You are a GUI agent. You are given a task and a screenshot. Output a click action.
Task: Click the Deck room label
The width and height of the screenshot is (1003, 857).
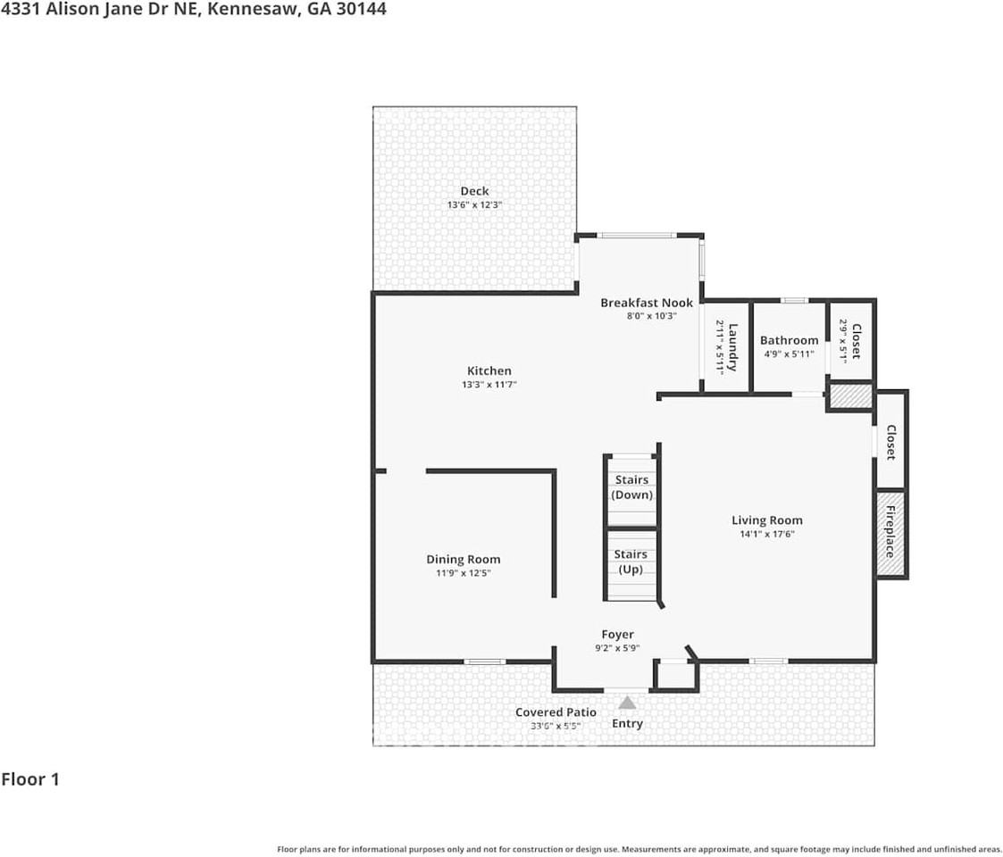click(x=474, y=191)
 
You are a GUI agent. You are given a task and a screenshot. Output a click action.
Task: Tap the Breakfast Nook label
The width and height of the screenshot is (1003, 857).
click(x=646, y=303)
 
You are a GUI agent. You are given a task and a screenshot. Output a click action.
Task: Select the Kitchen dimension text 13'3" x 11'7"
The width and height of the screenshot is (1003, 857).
click(x=489, y=385)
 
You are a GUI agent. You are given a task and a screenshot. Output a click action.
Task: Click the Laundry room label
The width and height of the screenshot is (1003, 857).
click(x=732, y=346)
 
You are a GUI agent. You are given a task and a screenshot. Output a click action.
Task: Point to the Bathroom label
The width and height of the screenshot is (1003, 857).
click(x=789, y=340)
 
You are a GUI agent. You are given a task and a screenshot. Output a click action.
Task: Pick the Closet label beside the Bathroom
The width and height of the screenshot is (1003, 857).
click(x=855, y=342)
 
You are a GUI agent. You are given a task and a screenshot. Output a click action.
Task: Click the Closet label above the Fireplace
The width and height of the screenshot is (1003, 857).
click(x=890, y=442)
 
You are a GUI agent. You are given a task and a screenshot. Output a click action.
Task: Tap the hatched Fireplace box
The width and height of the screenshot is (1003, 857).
click(x=891, y=533)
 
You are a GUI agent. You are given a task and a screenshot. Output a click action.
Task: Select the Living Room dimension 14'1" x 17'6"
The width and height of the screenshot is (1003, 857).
click(x=766, y=534)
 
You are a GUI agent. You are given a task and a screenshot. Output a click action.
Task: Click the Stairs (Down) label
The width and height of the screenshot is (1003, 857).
click(x=631, y=487)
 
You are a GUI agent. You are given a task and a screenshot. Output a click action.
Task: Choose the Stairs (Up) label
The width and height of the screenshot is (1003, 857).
click(x=631, y=562)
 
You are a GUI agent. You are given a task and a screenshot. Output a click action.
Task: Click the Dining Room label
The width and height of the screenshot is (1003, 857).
click(x=463, y=560)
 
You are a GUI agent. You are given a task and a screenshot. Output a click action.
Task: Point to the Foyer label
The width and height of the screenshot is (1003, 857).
click(x=617, y=635)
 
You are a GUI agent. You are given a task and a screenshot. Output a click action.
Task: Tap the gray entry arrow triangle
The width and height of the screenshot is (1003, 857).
click(x=628, y=703)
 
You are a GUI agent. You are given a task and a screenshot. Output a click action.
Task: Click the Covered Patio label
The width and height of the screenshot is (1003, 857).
click(x=556, y=712)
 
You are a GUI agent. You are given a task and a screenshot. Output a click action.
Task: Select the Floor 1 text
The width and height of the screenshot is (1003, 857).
click(x=30, y=779)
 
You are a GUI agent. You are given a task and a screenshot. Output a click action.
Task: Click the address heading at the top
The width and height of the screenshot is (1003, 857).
click(x=193, y=10)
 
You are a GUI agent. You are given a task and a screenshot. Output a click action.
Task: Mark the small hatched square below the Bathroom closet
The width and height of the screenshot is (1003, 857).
click(x=850, y=395)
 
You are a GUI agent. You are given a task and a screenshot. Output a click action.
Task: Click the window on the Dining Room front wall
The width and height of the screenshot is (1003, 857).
click(x=485, y=661)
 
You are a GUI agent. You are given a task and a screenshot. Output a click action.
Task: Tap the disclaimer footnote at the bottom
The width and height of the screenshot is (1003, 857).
click(x=639, y=849)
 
